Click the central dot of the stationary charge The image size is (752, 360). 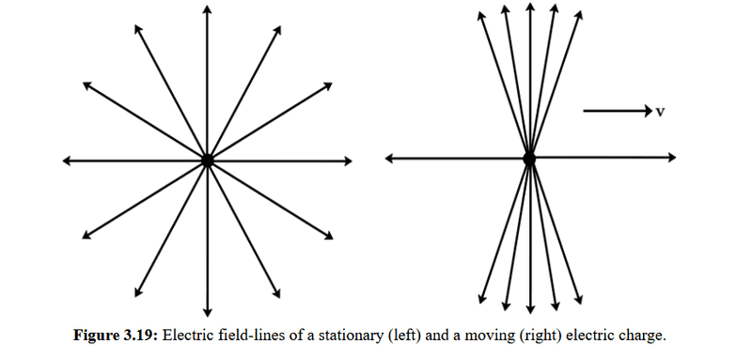pyautogui.click(x=207, y=161)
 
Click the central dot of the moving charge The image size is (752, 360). pyautogui.click(x=529, y=158)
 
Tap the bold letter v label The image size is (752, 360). pyautogui.click(x=660, y=112)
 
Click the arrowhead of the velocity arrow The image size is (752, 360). pyautogui.click(x=649, y=111)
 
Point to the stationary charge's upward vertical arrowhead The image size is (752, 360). pyautogui.click(x=207, y=9)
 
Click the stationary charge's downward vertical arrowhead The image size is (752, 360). pyautogui.click(x=207, y=312)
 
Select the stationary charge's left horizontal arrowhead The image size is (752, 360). pyautogui.click(x=68, y=161)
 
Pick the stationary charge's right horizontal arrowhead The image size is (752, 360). pyautogui.click(x=347, y=161)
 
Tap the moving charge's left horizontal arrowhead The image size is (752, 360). pyautogui.click(x=390, y=158)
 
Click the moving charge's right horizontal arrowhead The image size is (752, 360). pyautogui.click(x=670, y=157)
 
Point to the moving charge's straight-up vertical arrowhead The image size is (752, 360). pyautogui.click(x=530, y=8)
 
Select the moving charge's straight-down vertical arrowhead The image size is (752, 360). pyautogui.click(x=530, y=309)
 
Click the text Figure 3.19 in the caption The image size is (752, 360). pyautogui.click(x=116, y=336)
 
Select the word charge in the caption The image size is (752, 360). pyautogui.click(x=646, y=337)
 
